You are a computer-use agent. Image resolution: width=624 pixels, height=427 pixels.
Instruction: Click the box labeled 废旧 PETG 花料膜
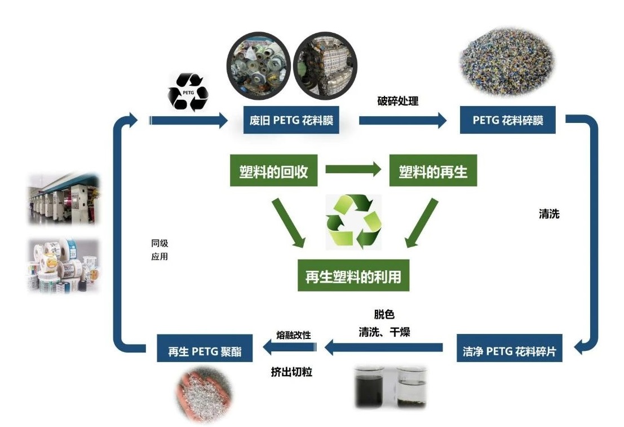pos(291,120)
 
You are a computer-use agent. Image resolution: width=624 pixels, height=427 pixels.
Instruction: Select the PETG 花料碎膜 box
pos(507,120)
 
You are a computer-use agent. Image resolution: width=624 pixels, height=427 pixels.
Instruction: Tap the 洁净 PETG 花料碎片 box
pos(509,351)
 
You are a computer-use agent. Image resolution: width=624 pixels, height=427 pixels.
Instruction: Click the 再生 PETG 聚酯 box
pos(205,351)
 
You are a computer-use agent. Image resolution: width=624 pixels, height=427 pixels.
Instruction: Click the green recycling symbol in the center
pos(354,222)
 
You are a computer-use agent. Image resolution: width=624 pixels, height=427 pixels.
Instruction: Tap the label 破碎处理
pos(397,102)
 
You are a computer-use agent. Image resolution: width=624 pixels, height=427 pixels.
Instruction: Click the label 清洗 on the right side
pos(549,214)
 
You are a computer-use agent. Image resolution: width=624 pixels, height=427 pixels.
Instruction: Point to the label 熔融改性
pos(294,334)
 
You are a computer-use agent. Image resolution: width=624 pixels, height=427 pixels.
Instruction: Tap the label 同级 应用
pos(160,250)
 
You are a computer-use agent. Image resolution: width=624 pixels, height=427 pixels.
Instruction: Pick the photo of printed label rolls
pos(63,265)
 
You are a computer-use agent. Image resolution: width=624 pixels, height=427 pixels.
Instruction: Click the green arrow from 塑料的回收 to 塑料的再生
pos(353,169)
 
